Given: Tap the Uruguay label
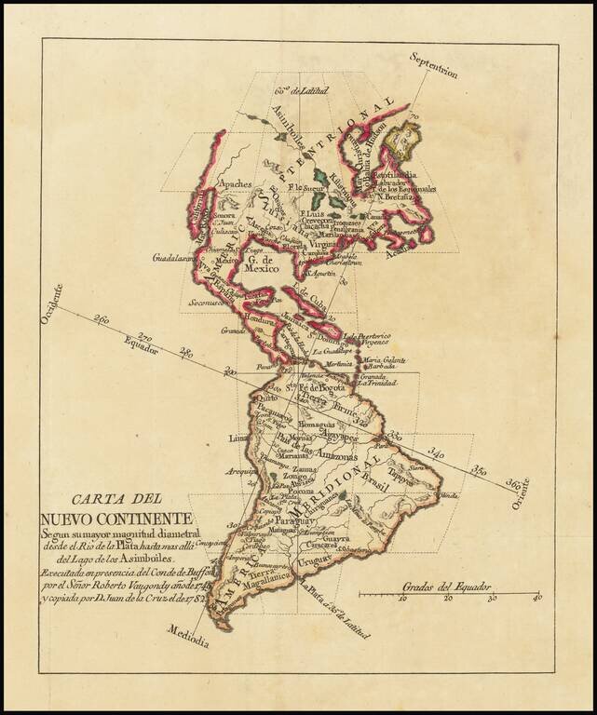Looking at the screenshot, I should point(314,562).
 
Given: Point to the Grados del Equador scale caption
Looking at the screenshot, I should point(446,587).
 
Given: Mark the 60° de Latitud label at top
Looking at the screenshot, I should point(296,90).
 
